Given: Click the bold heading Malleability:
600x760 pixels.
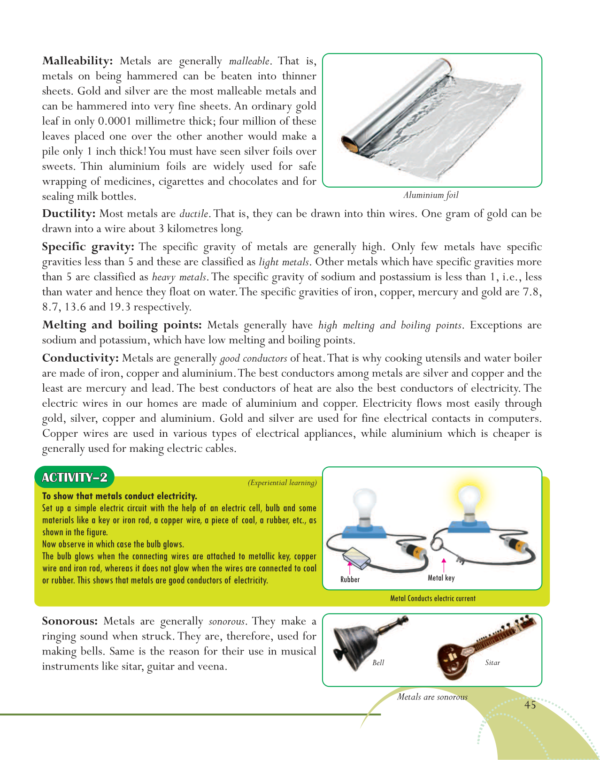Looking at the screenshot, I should [77, 61].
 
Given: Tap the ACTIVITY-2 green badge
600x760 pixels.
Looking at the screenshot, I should [75, 478].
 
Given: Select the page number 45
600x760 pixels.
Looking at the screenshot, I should [530, 705].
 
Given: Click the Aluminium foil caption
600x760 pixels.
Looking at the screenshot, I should [431, 195].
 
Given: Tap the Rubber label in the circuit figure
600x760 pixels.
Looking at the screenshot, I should [350, 579].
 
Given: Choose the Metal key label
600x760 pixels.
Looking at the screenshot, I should [441, 578].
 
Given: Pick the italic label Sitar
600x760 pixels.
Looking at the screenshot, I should [492, 662].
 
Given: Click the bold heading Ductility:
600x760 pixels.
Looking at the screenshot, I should [69, 214].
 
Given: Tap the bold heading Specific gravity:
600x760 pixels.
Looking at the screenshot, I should [88, 247].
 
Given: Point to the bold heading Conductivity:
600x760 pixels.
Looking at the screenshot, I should [80, 358].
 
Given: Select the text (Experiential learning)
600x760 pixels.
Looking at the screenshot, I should [282, 483].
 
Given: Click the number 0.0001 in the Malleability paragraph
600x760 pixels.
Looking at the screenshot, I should [115, 122].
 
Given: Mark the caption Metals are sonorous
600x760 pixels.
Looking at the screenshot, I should [432, 697].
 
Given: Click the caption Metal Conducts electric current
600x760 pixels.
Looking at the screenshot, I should [432, 599].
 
